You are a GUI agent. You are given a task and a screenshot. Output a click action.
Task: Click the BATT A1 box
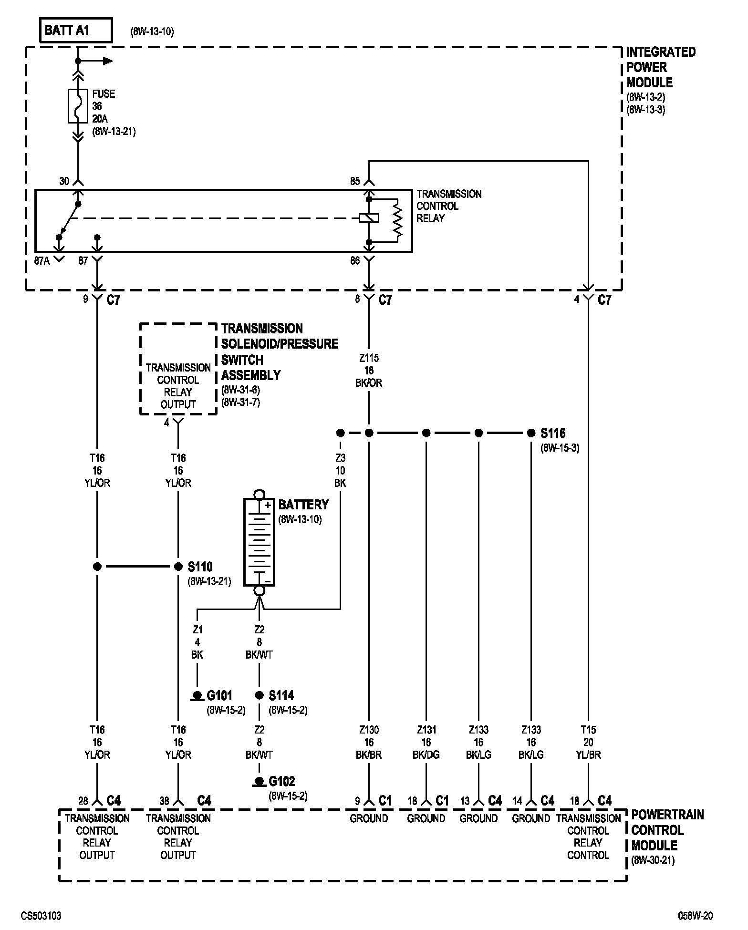click(x=76, y=31)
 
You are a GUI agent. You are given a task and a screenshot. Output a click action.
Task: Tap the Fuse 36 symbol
click(x=77, y=106)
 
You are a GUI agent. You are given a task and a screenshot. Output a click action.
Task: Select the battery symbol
click(x=259, y=542)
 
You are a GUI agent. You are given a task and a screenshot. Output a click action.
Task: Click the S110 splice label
click(x=200, y=567)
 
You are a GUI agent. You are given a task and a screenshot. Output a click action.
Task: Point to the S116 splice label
click(x=553, y=434)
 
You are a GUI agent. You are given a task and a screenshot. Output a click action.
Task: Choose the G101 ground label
click(x=219, y=696)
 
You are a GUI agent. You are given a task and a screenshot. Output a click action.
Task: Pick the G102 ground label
click(x=282, y=782)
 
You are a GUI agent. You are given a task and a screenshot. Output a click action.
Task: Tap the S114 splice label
click(x=281, y=696)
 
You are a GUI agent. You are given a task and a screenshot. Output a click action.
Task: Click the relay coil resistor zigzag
click(x=397, y=220)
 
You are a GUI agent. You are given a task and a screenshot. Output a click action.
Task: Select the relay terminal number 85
click(x=355, y=181)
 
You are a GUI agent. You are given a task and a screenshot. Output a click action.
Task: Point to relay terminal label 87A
click(x=42, y=261)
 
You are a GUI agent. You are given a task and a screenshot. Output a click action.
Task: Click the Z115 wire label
click(x=369, y=358)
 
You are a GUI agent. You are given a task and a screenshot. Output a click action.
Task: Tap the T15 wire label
click(x=588, y=730)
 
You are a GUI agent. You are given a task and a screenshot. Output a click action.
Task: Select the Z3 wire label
click(x=340, y=458)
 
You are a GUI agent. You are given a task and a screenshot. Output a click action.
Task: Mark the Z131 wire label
click(x=426, y=730)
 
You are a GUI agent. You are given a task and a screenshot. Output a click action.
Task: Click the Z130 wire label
click(x=369, y=730)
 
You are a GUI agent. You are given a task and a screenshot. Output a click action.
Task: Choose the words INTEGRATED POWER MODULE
click(x=660, y=67)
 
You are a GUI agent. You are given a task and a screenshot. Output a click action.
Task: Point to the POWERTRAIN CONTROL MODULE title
click(x=667, y=830)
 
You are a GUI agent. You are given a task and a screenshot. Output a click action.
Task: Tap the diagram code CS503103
click(x=41, y=916)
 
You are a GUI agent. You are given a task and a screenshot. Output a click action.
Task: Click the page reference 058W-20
click(x=696, y=916)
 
